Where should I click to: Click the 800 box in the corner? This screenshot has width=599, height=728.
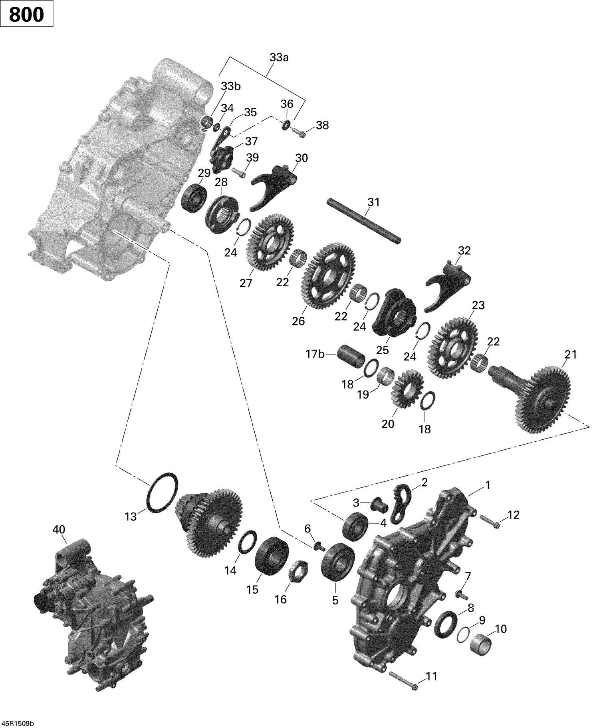coord(26,15)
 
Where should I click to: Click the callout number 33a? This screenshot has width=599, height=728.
coord(279,58)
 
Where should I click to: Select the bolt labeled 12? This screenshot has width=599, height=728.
coord(490,521)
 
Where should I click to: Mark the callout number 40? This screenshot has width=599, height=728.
coord(59,530)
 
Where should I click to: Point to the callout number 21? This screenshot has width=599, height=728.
coord(571,354)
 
